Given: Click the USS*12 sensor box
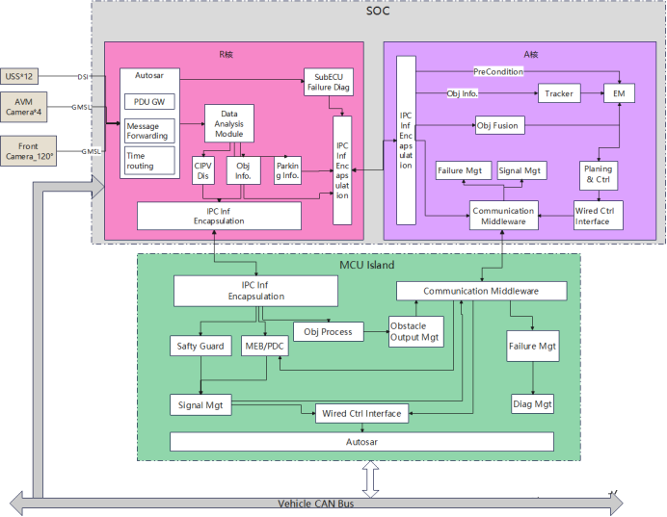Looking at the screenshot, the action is click(x=18, y=76).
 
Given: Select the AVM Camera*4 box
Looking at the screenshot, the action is click(x=23, y=107).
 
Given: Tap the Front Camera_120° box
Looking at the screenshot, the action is click(x=28, y=151).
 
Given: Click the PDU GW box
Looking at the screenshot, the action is click(x=149, y=102).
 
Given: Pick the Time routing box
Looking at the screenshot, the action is click(x=149, y=161).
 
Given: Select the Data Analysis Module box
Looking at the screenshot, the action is click(x=229, y=123).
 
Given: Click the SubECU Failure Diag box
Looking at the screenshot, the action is click(x=329, y=82).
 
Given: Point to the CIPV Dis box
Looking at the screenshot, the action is click(x=203, y=170).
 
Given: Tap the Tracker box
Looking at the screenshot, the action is click(x=559, y=93).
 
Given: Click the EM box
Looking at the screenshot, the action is click(x=619, y=93).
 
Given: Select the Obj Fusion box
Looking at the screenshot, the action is click(x=500, y=126).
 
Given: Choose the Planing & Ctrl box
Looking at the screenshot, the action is click(x=599, y=174).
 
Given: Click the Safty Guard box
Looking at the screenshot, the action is click(x=200, y=347).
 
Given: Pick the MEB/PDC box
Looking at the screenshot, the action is click(x=264, y=347).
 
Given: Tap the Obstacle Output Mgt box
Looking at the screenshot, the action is click(x=416, y=332).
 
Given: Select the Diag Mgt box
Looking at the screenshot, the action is click(x=532, y=404).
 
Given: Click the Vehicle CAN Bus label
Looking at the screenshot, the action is click(x=315, y=504).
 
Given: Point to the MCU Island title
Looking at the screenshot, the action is click(x=366, y=265).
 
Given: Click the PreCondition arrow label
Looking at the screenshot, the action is click(x=498, y=72).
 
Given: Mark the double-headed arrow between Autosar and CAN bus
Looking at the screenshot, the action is click(x=371, y=479).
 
